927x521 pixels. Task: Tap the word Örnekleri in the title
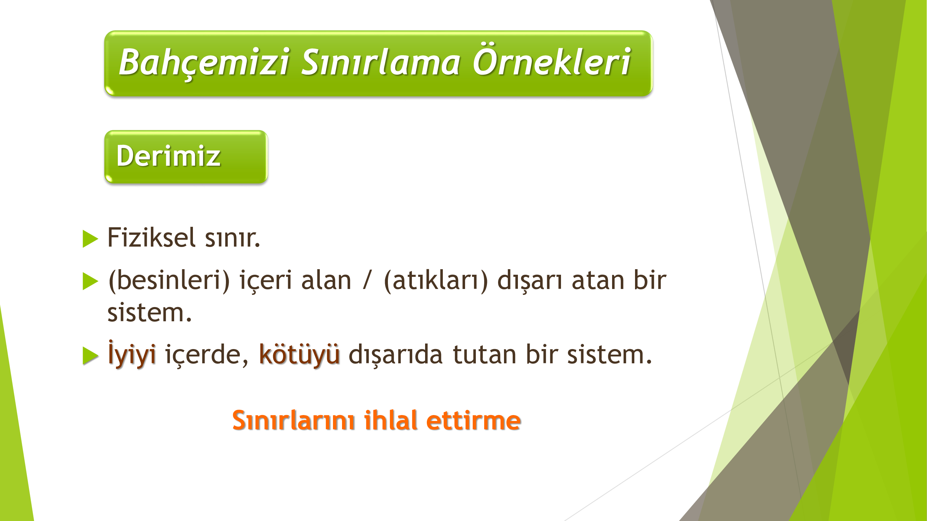pos(552,59)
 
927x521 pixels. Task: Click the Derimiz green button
pos(186,157)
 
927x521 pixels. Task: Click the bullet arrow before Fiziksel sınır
pos(90,239)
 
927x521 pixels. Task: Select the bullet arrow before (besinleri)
pos(90,281)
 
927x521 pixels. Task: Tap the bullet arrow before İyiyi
pos(90,356)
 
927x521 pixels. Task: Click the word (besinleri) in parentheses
pos(169,281)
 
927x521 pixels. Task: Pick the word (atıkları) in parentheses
pos(436,281)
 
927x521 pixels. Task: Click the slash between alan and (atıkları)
pos(367,280)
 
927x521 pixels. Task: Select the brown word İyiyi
pos(132,354)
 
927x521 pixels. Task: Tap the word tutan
pos(485,355)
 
